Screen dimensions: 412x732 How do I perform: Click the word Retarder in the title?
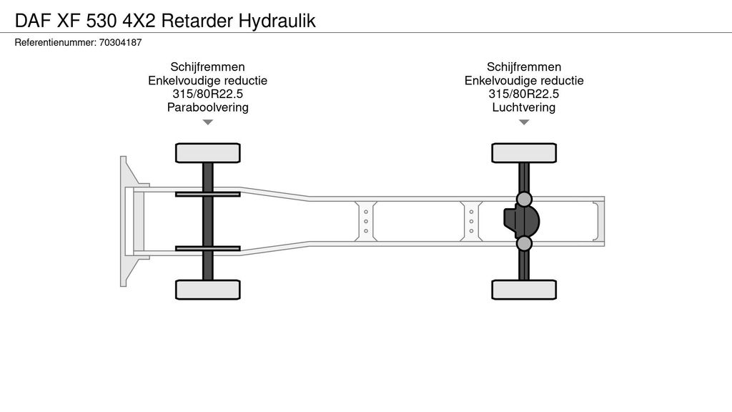(197, 20)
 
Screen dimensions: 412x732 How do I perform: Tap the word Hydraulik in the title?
(277, 20)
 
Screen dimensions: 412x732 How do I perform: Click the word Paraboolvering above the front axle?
(207, 108)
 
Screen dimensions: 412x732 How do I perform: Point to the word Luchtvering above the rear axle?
(524, 108)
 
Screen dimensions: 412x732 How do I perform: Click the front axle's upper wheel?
(208, 152)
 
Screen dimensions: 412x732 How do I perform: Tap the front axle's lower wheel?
(208, 289)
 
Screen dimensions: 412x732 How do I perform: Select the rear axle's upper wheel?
(524, 152)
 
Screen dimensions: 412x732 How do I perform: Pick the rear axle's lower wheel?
(524, 289)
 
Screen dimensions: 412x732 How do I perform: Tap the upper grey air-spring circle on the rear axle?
(525, 199)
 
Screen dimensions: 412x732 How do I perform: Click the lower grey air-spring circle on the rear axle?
(525, 244)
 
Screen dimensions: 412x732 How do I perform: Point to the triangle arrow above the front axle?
(208, 122)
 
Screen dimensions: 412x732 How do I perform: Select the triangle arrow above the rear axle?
(524, 122)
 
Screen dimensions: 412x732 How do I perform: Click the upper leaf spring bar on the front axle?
(208, 194)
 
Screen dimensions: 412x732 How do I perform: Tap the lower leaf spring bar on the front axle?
(208, 248)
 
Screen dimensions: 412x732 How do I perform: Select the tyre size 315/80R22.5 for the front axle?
(207, 94)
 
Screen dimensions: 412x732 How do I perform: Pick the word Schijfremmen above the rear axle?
(524, 67)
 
